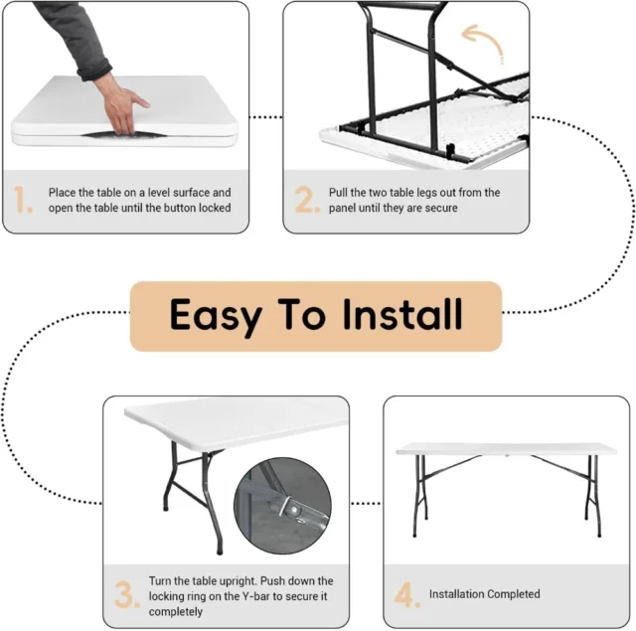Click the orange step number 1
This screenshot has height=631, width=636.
(22, 199)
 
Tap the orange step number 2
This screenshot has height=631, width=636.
(307, 199)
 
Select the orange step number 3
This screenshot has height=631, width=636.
(127, 594)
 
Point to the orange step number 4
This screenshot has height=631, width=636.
(407, 594)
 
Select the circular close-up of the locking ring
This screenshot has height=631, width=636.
(282, 505)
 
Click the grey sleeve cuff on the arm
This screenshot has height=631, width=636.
(95, 70)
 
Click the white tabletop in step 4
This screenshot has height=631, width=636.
(506, 449)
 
